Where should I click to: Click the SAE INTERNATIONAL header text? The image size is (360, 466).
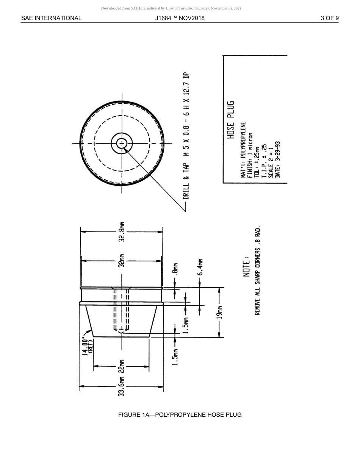[x=51, y=18]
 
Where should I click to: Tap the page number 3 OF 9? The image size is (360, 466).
[x=329, y=18]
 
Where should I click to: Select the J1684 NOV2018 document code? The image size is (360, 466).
[x=180, y=18]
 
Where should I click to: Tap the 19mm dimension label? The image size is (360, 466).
[x=219, y=312]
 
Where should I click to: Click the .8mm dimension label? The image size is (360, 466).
[x=175, y=271]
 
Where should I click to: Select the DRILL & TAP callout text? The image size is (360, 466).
[x=186, y=136]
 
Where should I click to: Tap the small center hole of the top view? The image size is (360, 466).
[x=122, y=144]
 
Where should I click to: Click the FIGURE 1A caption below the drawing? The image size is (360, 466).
[x=180, y=414]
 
